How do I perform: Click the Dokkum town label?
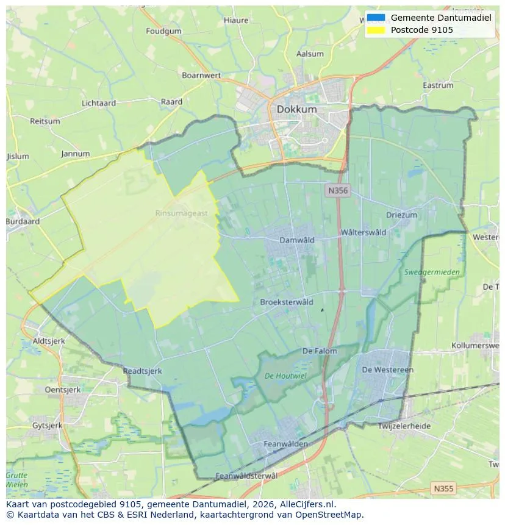coord(296,109)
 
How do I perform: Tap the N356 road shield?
coord(337,191)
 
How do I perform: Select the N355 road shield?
coord(443,488)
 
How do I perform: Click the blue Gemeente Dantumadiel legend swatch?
coord(376,18)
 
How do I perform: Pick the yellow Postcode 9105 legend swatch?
coord(376,29)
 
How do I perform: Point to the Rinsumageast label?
coord(181,213)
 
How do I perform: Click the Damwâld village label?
coord(297,240)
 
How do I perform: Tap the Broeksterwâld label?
coord(287,302)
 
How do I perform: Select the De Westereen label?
coord(387,370)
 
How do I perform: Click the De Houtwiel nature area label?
coord(285,376)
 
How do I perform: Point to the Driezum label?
coord(401,215)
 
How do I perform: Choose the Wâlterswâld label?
coord(364,232)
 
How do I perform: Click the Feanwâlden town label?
coord(285,444)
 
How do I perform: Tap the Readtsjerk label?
coord(142,371)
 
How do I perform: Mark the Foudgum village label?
coord(164,31)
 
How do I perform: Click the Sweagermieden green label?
coord(432,272)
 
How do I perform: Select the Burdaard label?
coord(23,222)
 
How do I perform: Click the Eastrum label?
coord(438,85)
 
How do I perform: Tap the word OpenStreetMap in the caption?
coord(332,515)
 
